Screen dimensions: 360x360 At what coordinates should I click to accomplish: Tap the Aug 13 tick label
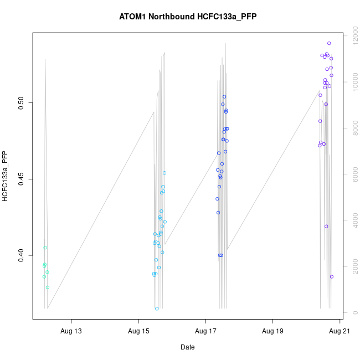[71, 331]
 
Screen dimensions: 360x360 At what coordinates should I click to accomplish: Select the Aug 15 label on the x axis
[138, 331]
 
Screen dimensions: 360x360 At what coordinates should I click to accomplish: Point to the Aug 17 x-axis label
[205, 331]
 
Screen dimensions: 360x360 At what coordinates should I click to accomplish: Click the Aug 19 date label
[272, 331]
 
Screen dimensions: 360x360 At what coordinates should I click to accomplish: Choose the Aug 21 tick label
[340, 331]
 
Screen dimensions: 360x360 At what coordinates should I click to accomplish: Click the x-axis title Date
[187, 347]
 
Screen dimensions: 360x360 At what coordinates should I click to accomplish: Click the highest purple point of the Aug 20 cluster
[329, 43]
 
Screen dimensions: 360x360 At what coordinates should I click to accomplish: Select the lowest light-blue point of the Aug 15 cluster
[157, 308]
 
